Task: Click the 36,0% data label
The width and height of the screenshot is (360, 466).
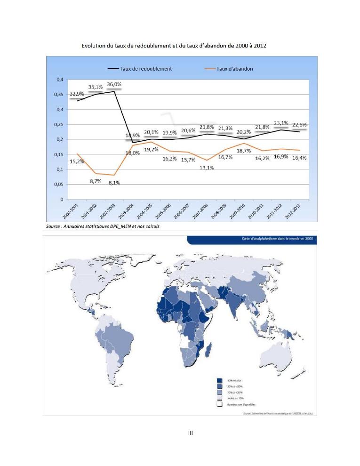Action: click(x=114, y=84)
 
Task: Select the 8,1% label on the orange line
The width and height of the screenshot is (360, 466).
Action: click(x=113, y=183)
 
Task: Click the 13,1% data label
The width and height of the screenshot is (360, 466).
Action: click(x=206, y=168)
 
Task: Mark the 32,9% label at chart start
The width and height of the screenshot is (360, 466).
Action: click(x=77, y=94)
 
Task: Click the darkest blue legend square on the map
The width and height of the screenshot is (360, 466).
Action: click(x=219, y=380)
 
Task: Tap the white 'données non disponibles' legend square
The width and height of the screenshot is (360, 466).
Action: click(x=219, y=404)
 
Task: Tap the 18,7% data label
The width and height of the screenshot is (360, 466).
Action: click(x=243, y=151)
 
